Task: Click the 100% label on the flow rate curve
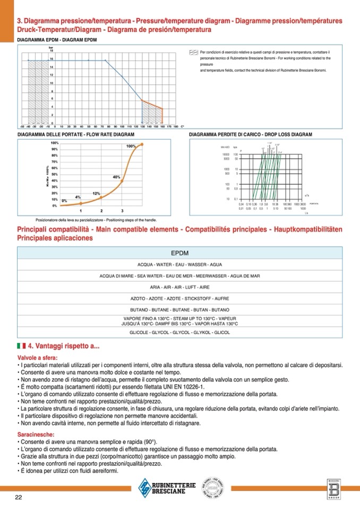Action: click(x=131, y=146)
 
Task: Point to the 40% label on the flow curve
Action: click(x=117, y=176)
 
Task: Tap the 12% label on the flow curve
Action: click(x=97, y=193)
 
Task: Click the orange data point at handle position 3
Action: click(x=122, y=181)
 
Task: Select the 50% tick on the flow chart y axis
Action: click(x=54, y=174)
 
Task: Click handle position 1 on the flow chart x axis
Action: click(x=81, y=211)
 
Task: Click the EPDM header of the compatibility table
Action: click(x=180, y=253)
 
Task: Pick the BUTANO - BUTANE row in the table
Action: click(x=180, y=309)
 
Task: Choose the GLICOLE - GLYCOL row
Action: click(x=180, y=332)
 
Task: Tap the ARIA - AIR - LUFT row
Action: click(x=180, y=287)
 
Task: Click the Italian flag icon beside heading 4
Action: click(x=21, y=346)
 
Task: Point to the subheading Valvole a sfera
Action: click(x=35, y=358)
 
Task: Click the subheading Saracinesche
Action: click(x=35, y=434)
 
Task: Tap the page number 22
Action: click(x=18, y=497)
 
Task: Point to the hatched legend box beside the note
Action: click(x=193, y=53)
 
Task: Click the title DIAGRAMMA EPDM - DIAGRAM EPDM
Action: click(x=57, y=40)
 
